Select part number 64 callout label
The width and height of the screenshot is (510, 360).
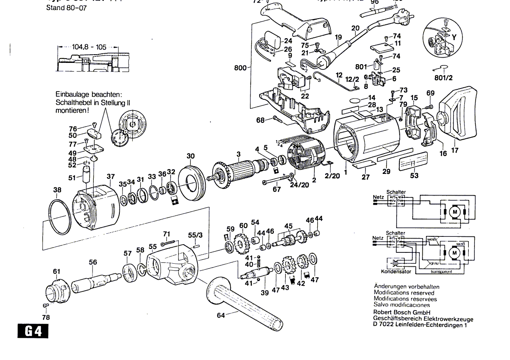(221, 315)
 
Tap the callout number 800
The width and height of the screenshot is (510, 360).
(240, 68)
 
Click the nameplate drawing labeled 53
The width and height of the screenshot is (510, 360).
(414, 163)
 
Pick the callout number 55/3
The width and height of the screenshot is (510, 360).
(195, 235)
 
